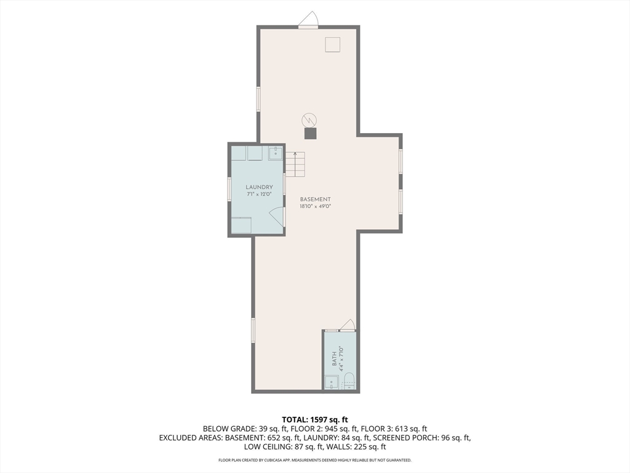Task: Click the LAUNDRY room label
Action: pyautogui.click(x=259, y=187)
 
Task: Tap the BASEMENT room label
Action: pyautogui.click(x=316, y=199)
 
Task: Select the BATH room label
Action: pyautogui.click(x=334, y=359)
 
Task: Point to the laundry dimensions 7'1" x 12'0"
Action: pyautogui.click(x=259, y=194)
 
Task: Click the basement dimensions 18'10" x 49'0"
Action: pyautogui.click(x=316, y=206)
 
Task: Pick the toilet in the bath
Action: pyautogui.click(x=349, y=381)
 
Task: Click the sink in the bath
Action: pyautogui.click(x=332, y=382)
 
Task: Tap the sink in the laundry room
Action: pyautogui.click(x=276, y=153)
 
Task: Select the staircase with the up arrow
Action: pyautogui.click(x=295, y=164)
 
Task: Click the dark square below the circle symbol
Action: pyautogui.click(x=310, y=134)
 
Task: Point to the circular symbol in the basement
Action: pyautogui.click(x=309, y=120)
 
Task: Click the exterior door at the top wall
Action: pyautogui.click(x=308, y=20)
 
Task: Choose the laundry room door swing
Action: pyautogui.click(x=277, y=217)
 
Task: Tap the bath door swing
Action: pyautogui.click(x=347, y=325)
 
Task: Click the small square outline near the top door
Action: pyautogui.click(x=332, y=44)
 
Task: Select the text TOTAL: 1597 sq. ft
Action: pyautogui.click(x=315, y=420)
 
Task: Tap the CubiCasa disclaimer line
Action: pyautogui.click(x=315, y=460)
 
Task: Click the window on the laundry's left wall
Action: pyautogui.click(x=229, y=188)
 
